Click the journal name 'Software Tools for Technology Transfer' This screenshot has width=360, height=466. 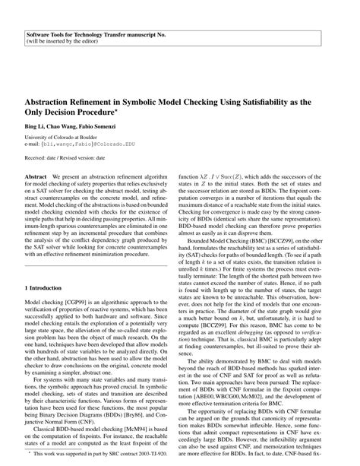[87, 35]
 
